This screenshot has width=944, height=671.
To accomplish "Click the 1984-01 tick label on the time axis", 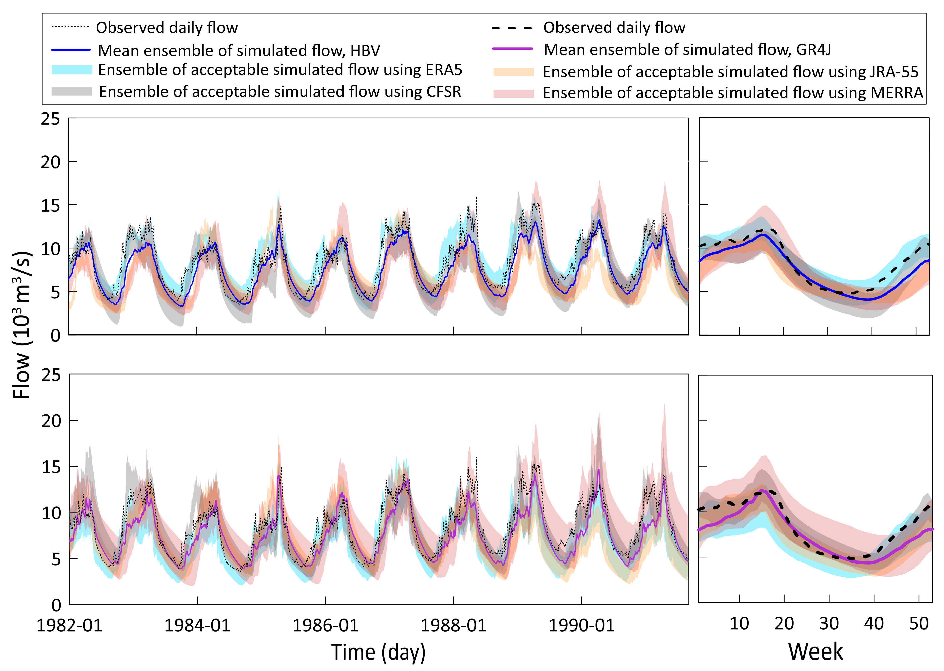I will [x=197, y=625].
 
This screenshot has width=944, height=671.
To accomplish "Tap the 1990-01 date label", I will [x=581, y=625].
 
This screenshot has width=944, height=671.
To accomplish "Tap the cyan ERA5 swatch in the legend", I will [x=71, y=70].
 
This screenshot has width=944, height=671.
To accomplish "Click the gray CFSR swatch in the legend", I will [x=71, y=91].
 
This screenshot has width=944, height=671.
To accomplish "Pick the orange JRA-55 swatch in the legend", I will [x=513, y=72].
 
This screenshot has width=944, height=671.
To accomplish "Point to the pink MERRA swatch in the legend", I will [x=513, y=93].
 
